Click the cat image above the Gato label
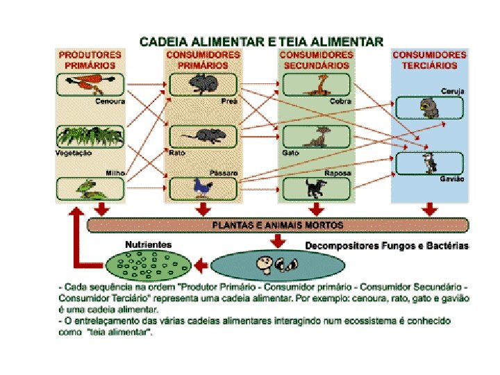(321, 136)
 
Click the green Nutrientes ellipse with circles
(147, 265)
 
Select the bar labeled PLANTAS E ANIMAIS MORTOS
(277, 225)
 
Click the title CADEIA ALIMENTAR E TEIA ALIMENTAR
(261, 41)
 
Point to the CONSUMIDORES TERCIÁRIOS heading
(429, 60)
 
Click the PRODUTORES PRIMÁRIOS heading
(90, 60)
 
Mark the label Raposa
(337, 173)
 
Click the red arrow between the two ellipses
(201, 265)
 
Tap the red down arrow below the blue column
(430, 208)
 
